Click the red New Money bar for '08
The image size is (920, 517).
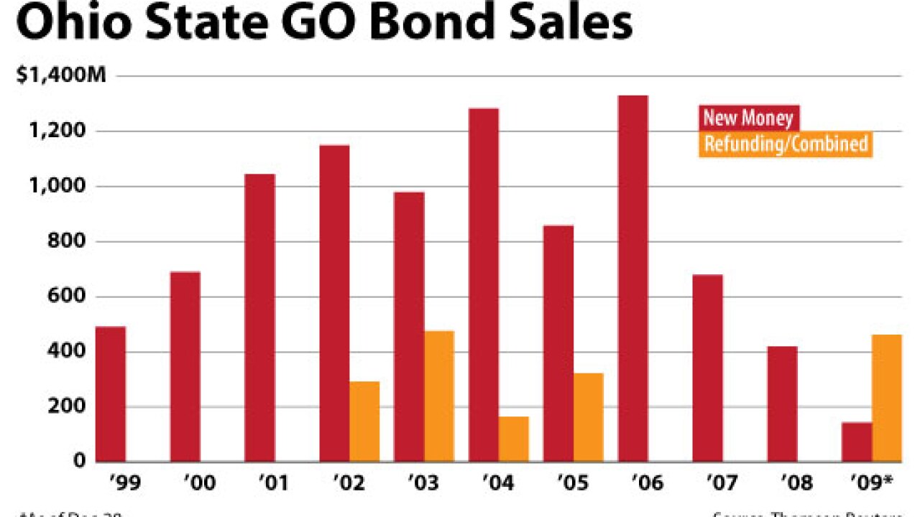(782, 404)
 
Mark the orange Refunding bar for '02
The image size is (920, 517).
(364, 421)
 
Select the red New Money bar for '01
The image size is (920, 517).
(259, 317)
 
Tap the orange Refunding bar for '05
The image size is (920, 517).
(588, 417)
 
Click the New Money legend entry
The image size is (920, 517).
(747, 118)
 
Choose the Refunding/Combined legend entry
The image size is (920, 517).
(786, 144)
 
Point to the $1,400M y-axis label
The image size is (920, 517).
(61, 75)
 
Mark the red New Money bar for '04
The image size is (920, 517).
(484, 284)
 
